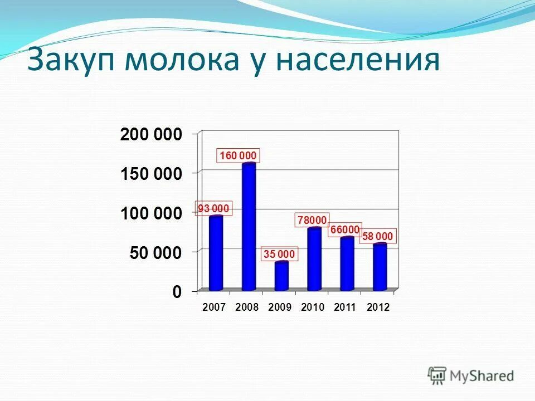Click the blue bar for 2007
pyautogui.click(x=216, y=253)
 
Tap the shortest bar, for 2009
pyautogui.click(x=281, y=276)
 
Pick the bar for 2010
pyautogui.click(x=314, y=259)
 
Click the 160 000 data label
pyautogui.click(x=238, y=155)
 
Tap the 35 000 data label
pyautogui.click(x=279, y=255)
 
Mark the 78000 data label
pyautogui.click(x=312, y=220)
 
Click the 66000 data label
pyautogui.click(x=344, y=229)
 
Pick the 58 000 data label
pyautogui.click(x=378, y=236)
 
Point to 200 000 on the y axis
pyautogui.click(x=151, y=134)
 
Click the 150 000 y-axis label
pyautogui.click(x=151, y=174)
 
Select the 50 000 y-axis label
pyautogui.click(x=155, y=253)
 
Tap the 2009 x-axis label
pyautogui.click(x=280, y=307)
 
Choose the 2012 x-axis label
pyautogui.click(x=378, y=307)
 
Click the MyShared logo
pyautogui.click(x=471, y=375)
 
